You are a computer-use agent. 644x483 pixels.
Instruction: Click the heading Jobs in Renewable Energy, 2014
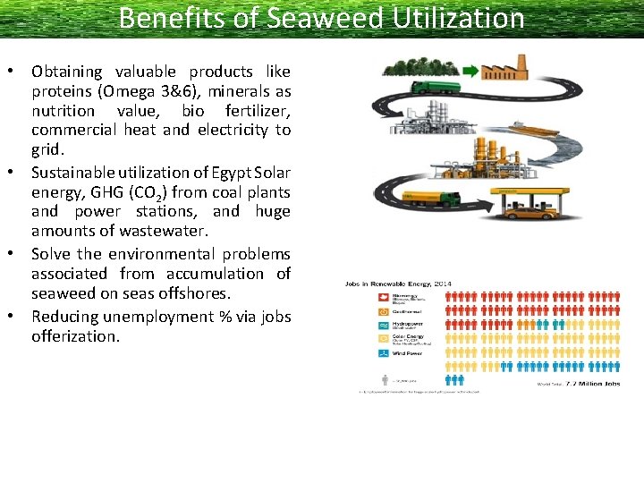(398, 284)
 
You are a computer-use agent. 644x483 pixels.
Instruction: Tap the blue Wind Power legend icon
(383, 352)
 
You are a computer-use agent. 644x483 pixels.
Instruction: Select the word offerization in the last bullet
(75, 336)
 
